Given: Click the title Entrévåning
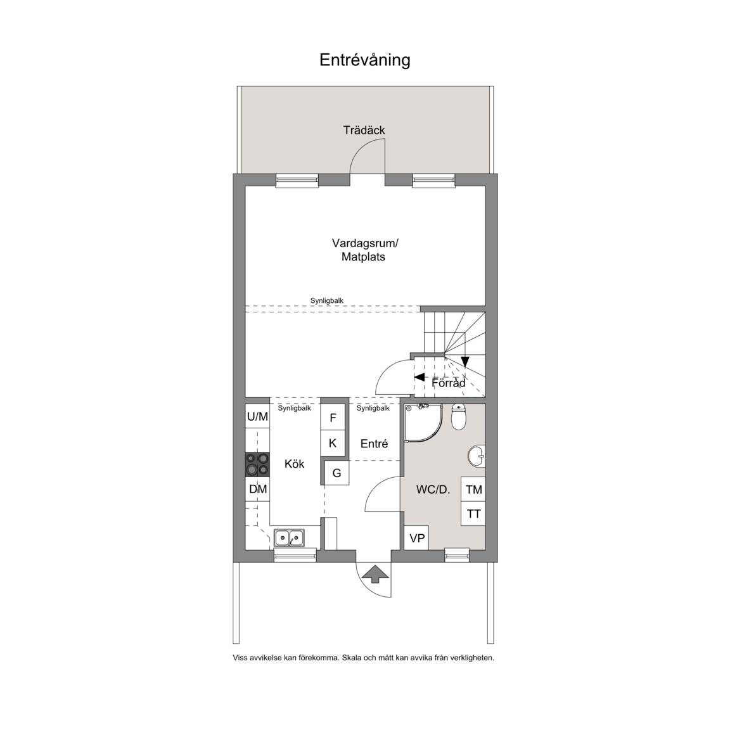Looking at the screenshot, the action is click(x=364, y=60).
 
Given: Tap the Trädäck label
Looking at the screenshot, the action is click(x=364, y=131).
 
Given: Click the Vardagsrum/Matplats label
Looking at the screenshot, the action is click(x=365, y=250).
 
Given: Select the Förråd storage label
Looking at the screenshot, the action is click(x=449, y=383).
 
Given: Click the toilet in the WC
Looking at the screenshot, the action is click(x=459, y=417).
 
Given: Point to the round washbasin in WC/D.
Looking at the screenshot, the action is click(x=477, y=456).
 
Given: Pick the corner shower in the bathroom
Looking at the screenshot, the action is click(x=422, y=423).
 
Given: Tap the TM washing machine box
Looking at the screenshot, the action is click(x=473, y=489).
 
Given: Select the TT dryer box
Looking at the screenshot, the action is click(x=473, y=514).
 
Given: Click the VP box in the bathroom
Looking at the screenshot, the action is click(x=417, y=538).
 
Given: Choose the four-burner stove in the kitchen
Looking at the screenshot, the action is click(x=257, y=464).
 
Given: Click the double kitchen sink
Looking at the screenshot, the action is click(x=289, y=538).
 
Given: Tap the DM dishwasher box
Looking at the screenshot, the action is click(x=257, y=489).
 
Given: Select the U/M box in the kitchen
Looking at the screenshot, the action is click(x=257, y=416).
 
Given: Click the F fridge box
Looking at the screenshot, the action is click(x=333, y=418).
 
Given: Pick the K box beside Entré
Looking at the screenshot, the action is click(x=333, y=443).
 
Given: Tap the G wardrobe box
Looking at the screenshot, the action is click(x=336, y=473).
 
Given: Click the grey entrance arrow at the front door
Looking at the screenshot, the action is click(x=374, y=573).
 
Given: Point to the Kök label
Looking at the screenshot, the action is click(x=294, y=464).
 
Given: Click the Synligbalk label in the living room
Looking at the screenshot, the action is click(x=327, y=301).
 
